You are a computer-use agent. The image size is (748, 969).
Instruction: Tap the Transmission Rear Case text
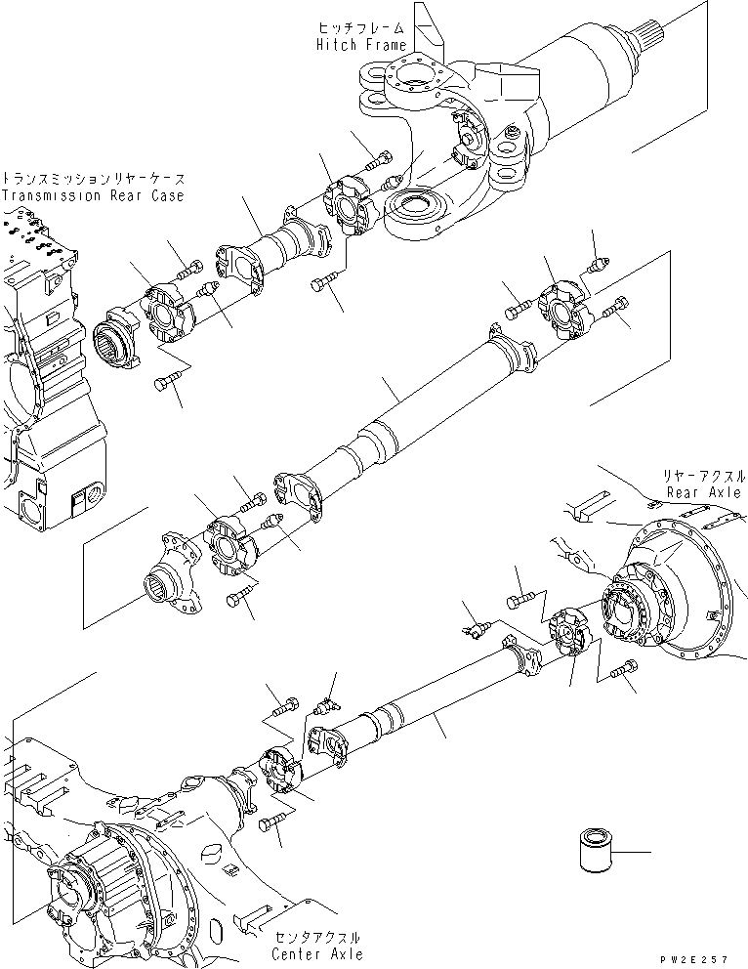click(92, 195)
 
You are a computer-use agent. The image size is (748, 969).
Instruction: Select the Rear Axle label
click(703, 493)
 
